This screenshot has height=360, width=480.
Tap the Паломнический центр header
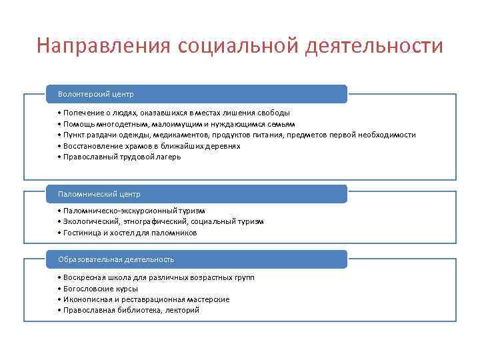(99, 194)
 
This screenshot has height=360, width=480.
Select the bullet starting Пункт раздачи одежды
(236, 135)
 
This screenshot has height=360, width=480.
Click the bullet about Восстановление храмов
(149, 146)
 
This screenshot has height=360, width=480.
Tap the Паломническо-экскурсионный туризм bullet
(131, 211)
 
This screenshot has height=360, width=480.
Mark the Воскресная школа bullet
(156, 277)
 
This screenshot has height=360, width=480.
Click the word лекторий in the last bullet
(183, 310)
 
